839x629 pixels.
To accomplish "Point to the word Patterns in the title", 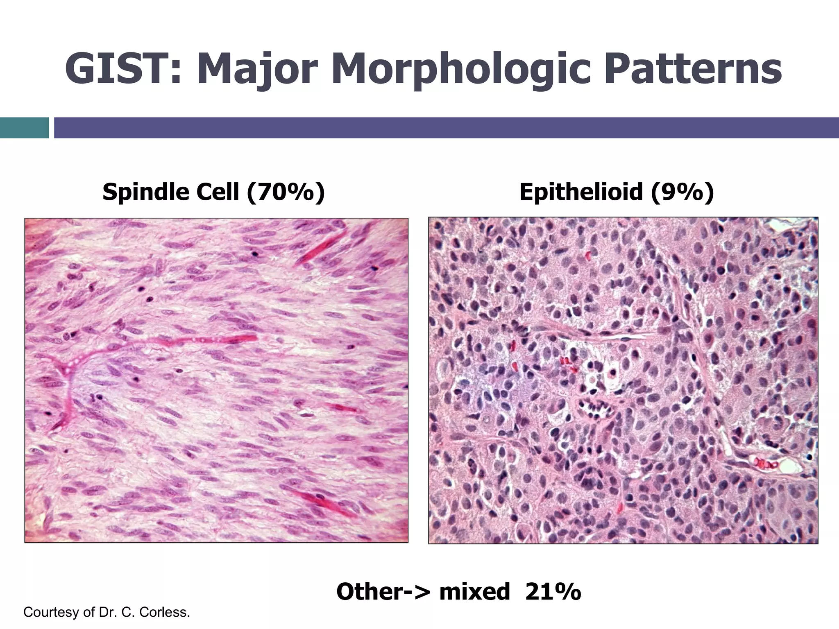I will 692,69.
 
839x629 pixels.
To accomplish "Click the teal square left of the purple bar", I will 24,128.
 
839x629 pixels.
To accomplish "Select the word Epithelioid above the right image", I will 580,192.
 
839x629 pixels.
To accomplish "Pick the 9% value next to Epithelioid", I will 682,192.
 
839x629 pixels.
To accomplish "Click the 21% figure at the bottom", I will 553,592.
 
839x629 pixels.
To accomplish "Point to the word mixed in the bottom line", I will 474,592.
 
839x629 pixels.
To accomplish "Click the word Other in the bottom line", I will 371,592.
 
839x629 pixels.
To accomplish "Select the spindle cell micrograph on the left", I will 216,380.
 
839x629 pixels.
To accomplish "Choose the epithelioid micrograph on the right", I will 623,380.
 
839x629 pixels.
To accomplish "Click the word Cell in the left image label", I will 217,192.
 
